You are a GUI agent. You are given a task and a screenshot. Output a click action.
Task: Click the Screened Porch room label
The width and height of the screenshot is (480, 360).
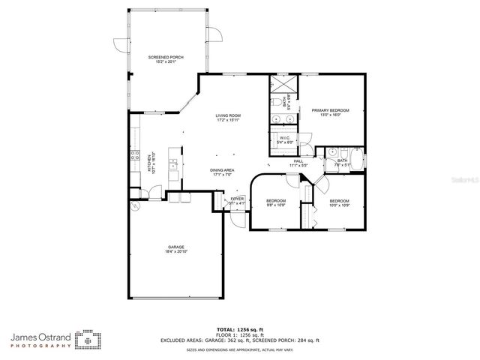click(x=166, y=58)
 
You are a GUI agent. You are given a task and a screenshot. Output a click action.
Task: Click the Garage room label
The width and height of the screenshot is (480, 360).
click(x=176, y=249)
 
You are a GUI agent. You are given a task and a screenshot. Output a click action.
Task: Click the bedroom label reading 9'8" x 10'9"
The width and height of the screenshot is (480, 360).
click(x=276, y=202)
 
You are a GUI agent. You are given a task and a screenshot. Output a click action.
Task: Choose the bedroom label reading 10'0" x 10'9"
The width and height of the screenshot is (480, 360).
click(x=340, y=202)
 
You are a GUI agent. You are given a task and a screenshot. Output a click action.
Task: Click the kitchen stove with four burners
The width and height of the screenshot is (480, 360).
click(x=135, y=157)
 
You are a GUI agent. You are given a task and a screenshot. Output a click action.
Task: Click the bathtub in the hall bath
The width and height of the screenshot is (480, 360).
click(x=358, y=160)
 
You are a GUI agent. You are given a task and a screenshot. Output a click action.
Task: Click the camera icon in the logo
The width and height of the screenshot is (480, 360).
click(x=88, y=340)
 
